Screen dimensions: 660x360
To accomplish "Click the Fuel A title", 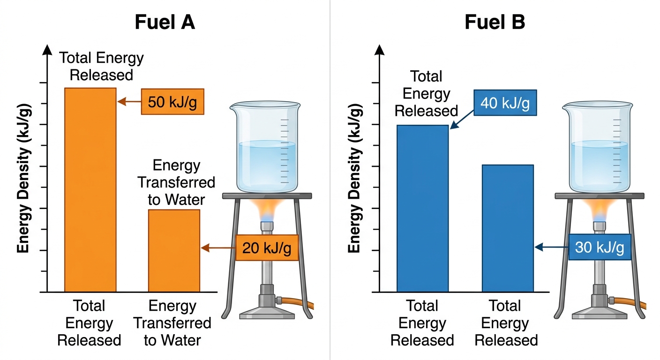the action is pyautogui.click(x=165, y=22).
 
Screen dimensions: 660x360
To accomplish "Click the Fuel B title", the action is pyautogui.click(x=495, y=22).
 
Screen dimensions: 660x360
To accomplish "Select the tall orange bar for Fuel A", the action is pyautogui.click(x=90, y=190).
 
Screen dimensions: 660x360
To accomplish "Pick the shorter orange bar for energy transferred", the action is pyautogui.click(x=174, y=251).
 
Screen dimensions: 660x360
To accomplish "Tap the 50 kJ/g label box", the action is pyautogui.click(x=172, y=102).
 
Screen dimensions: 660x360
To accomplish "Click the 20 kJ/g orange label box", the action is pyautogui.click(x=267, y=248).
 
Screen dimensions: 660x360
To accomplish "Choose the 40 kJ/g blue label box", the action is pyautogui.click(x=505, y=103).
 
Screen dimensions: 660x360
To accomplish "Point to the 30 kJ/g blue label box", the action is pyautogui.click(x=600, y=247).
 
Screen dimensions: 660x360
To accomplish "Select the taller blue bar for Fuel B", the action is pyautogui.click(x=423, y=209).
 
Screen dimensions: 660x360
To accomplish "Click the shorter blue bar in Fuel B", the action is pyautogui.click(x=508, y=228).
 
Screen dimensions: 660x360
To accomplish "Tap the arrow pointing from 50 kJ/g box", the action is pyautogui.click(x=129, y=102).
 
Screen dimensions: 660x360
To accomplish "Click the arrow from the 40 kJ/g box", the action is pyautogui.click(x=462, y=120).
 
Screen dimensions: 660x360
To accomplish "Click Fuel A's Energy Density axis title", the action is pyautogui.click(x=23, y=178).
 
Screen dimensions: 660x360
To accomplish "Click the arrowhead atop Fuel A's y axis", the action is pyautogui.click(x=47, y=50).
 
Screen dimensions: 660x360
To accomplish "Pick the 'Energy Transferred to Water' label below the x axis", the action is pyautogui.click(x=172, y=323).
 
